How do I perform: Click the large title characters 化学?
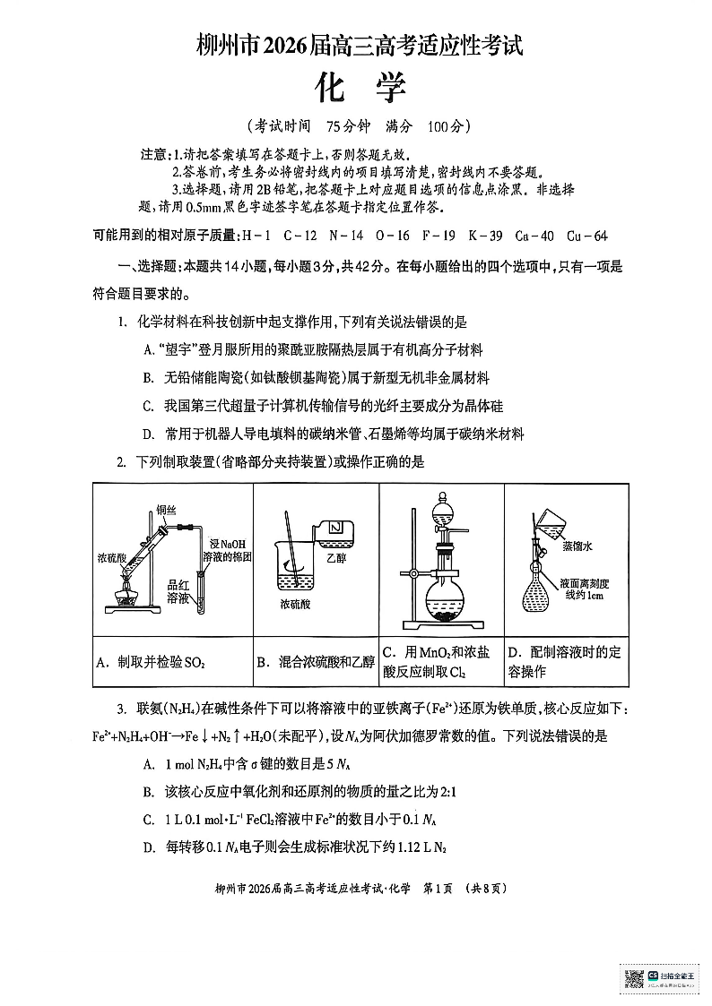click(360, 87)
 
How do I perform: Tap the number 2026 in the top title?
click(286, 46)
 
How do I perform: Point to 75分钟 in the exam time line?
click(349, 125)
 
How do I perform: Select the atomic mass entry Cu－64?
click(586, 236)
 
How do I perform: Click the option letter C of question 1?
click(148, 406)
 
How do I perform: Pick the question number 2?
click(121, 462)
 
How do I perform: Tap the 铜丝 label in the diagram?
click(166, 511)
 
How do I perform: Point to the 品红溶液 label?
click(178, 591)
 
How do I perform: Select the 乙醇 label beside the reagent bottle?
click(335, 558)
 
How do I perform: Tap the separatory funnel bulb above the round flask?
click(442, 513)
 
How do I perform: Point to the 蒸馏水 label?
click(577, 546)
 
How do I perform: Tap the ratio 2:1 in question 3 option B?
click(448, 792)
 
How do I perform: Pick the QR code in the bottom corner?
click(634, 979)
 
